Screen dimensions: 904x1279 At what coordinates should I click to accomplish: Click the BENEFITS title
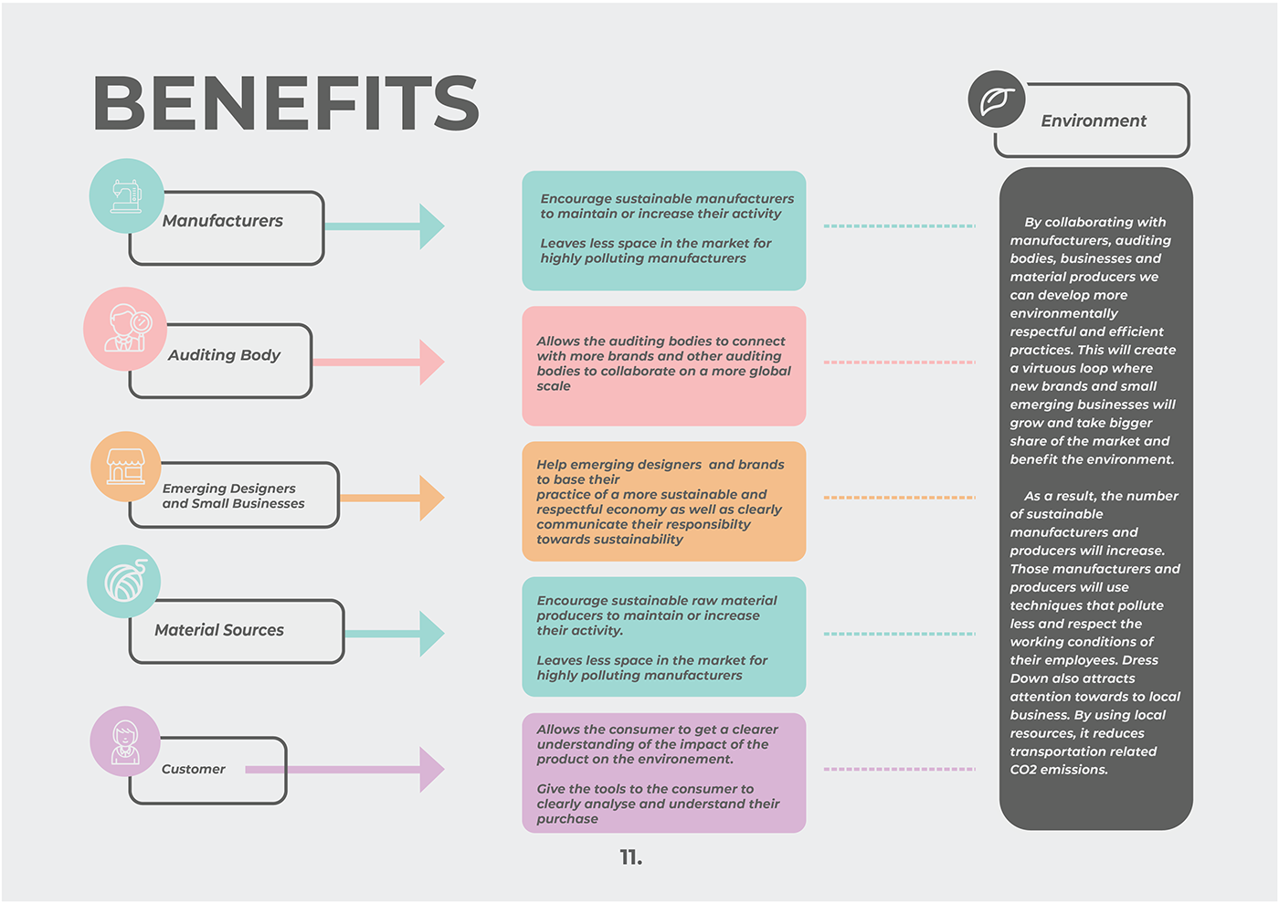[x=286, y=102]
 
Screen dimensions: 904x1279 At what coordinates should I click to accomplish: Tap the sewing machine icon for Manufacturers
[x=126, y=195]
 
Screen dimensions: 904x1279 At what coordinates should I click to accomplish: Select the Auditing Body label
[x=224, y=355]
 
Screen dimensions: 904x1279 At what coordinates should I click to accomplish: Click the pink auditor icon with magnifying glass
[x=125, y=329]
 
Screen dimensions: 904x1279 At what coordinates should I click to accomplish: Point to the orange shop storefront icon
[x=126, y=466]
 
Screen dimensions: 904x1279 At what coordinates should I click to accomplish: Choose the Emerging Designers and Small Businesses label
[x=233, y=496]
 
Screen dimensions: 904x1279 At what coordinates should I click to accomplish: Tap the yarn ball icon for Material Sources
[x=124, y=581]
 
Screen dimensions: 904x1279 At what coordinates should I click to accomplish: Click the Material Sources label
[x=219, y=630]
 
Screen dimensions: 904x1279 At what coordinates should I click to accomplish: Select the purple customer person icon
[x=125, y=741]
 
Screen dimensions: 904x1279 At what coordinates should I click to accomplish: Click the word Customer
[x=194, y=770]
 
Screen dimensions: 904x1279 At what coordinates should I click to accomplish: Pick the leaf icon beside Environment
[x=997, y=100]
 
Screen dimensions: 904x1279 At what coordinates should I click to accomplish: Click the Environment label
[x=1094, y=121]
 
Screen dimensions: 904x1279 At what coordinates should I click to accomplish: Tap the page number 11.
[x=630, y=857]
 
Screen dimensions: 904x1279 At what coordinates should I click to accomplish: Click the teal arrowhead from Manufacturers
[x=431, y=226]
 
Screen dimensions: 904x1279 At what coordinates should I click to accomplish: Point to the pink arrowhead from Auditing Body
[x=431, y=363]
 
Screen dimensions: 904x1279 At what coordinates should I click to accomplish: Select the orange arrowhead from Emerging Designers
[x=431, y=498]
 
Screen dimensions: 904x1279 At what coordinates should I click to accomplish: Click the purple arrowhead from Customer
[x=431, y=770]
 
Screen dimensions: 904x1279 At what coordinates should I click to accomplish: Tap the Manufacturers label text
[x=223, y=221]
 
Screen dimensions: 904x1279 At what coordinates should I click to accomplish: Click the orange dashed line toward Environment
[x=899, y=498]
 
